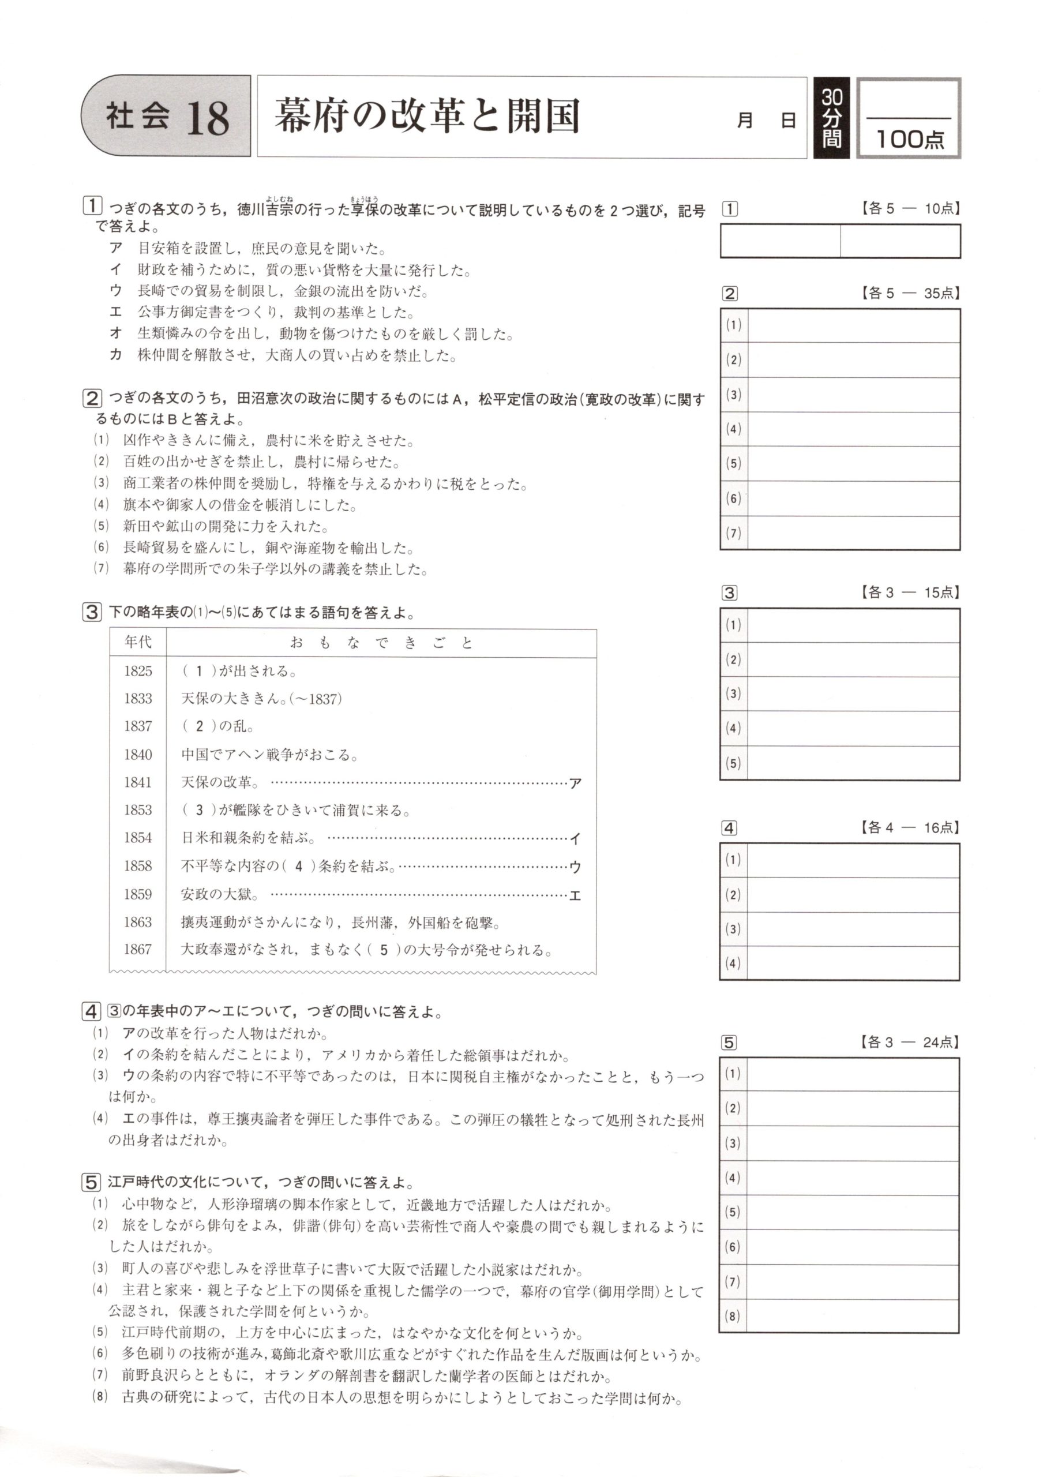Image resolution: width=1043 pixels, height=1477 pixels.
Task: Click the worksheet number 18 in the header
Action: click(207, 118)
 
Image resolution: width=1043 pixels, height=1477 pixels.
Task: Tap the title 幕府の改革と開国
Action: click(427, 116)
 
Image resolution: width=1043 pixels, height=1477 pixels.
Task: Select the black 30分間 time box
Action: click(831, 118)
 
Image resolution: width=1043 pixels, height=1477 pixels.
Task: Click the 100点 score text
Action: click(909, 138)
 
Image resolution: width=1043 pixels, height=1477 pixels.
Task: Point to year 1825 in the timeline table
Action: click(138, 671)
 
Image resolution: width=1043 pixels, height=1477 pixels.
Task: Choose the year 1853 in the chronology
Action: click(138, 810)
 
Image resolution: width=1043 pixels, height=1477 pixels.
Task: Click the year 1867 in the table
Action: click(138, 950)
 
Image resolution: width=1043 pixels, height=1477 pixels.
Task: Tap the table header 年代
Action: click(138, 642)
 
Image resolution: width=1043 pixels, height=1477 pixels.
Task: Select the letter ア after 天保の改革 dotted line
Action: click(576, 783)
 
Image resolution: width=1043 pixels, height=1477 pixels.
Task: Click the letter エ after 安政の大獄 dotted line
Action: click(576, 895)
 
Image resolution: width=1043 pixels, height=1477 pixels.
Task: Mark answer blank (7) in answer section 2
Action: click(853, 533)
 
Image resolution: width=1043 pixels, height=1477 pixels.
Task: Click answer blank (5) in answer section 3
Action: click(853, 763)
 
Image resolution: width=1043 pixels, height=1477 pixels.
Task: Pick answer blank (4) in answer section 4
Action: click(853, 963)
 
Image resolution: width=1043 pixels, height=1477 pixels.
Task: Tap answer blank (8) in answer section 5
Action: click(853, 1315)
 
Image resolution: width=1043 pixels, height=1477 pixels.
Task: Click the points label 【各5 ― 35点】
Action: click(909, 293)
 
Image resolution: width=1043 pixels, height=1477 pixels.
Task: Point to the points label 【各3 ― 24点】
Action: click(909, 1042)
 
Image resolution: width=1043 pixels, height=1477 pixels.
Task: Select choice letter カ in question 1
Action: click(116, 355)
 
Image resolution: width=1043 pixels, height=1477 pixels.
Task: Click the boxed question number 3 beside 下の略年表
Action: click(91, 612)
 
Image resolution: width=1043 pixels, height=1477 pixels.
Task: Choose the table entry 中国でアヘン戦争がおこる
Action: click(269, 755)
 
